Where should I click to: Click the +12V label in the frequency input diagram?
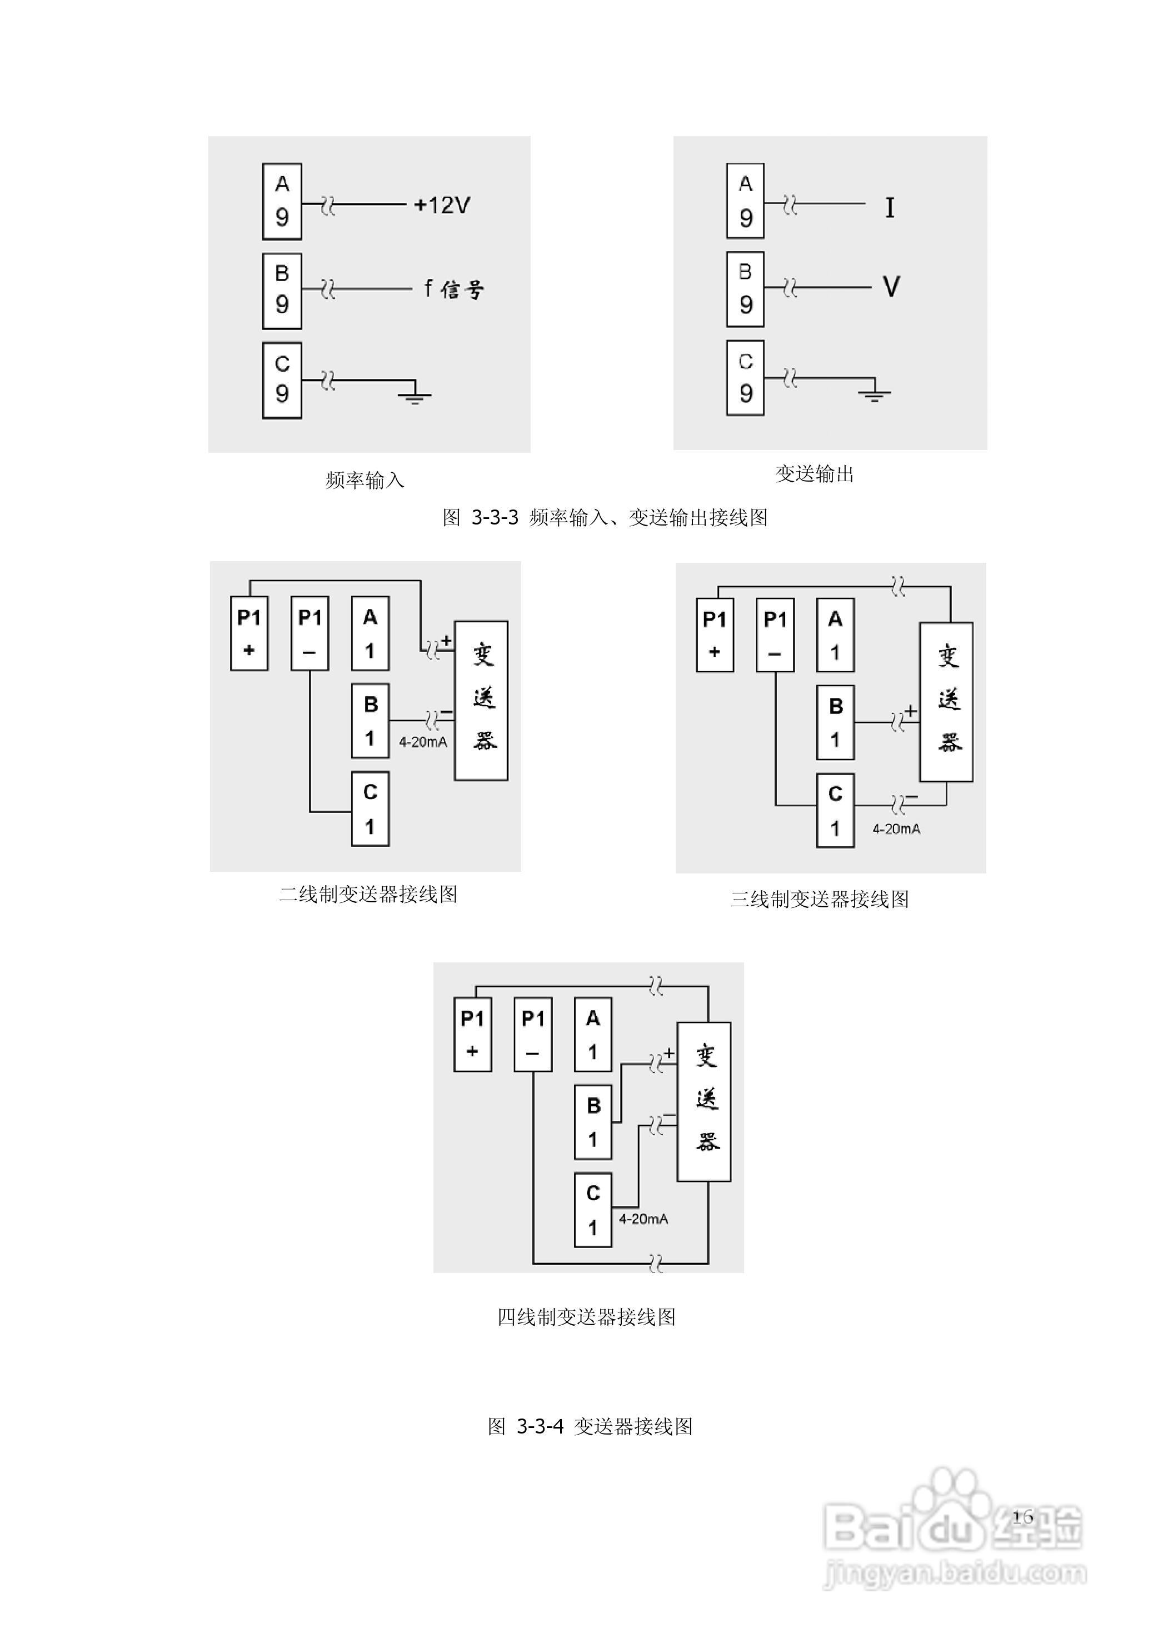pyautogui.click(x=442, y=206)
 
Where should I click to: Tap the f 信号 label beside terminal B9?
pyautogui.click(x=454, y=289)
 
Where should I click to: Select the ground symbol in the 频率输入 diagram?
pyautogui.click(x=415, y=394)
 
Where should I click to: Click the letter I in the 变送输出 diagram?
pyautogui.click(x=889, y=208)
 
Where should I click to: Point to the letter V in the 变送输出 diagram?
pyautogui.click(x=891, y=287)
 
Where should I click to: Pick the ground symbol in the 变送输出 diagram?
pyautogui.click(x=874, y=393)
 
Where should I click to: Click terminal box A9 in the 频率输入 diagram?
pyautogui.click(x=282, y=201)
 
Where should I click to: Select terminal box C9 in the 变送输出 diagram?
pyautogui.click(x=745, y=377)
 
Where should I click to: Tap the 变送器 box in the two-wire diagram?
pyautogui.click(x=482, y=700)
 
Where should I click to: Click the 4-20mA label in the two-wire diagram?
pyautogui.click(x=423, y=742)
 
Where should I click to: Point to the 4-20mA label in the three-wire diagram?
pyautogui.click(x=896, y=829)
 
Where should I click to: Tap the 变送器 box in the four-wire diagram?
pyautogui.click(x=703, y=1101)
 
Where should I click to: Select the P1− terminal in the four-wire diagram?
pyautogui.click(x=532, y=1035)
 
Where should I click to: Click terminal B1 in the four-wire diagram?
pyautogui.click(x=593, y=1122)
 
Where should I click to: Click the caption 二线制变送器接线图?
pyautogui.click(x=368, y=895)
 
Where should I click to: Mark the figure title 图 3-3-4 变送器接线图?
pyautogui.click(x=590, y=1426)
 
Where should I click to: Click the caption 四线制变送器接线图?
pyautogui.click(x=586, y=1317)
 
